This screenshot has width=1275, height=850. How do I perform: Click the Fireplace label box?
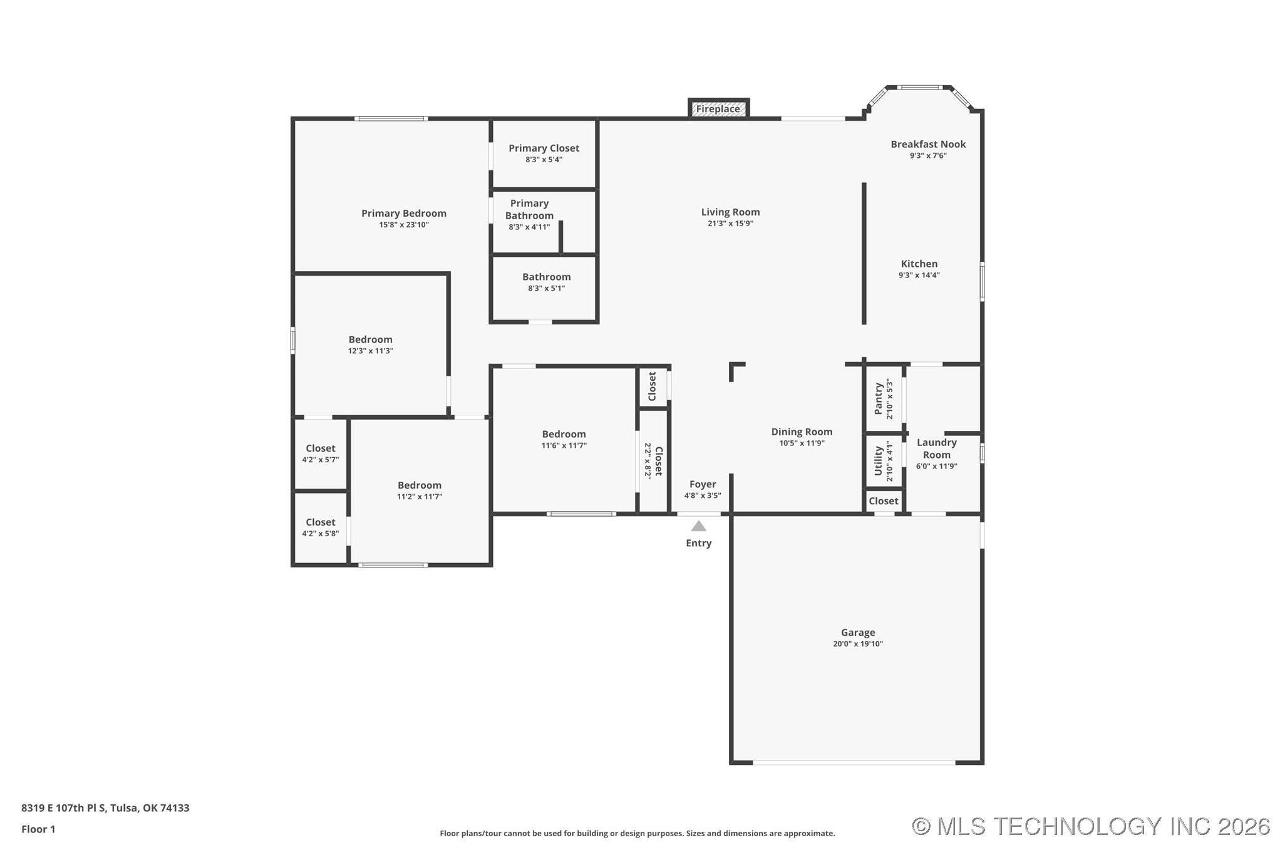point(718,108)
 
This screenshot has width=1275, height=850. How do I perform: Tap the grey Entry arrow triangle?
point(699,526)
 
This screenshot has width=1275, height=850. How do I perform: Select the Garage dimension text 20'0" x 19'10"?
point(858,644)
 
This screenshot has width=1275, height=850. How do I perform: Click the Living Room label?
point(730,212)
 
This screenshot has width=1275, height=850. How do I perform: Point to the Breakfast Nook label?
point(928,144)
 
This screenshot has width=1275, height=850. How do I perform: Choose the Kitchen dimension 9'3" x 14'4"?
point(919,275)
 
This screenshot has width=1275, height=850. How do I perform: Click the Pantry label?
point(878,399)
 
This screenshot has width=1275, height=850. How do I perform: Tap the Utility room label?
point(878,460)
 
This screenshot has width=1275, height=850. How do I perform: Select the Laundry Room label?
point(937,448)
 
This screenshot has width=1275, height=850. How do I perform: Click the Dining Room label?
point(802,432)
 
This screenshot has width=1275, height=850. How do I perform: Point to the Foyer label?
point(703,484)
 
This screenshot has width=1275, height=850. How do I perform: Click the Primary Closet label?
point(544,148)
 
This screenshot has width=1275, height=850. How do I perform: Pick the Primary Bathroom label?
point(529,209)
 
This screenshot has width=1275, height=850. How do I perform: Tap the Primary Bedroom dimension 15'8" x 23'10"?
point(404,225)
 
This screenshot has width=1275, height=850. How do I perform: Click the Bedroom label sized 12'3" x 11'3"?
point(371,339)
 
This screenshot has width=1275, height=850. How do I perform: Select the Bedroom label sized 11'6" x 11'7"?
point(564,434)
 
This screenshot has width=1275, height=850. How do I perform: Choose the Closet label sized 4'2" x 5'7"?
point(321,448)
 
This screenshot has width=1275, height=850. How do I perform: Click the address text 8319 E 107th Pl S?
point(64,808)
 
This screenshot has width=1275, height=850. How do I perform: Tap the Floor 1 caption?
point(38,829)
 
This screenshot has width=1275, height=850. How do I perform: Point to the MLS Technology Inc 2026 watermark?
point(1091,827)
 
